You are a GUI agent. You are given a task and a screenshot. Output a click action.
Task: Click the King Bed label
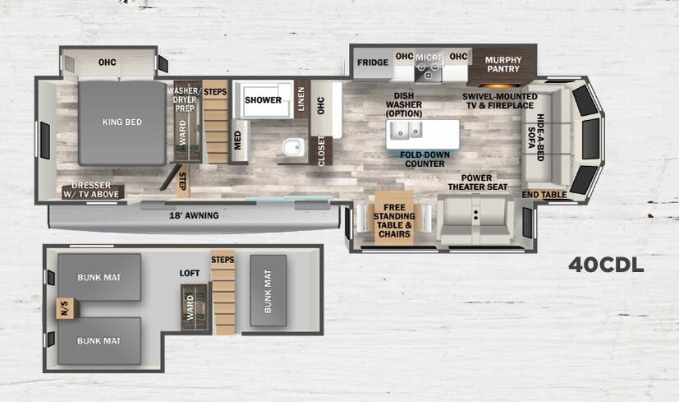[x=122, y=122]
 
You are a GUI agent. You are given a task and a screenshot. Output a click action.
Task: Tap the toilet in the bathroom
[x=291, y=147]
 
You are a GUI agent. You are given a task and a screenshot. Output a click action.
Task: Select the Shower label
[x=263, y=100]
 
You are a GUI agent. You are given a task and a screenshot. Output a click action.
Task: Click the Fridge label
[x=372, y=62]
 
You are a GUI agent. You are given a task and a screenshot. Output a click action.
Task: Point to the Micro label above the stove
[x=429, y=58]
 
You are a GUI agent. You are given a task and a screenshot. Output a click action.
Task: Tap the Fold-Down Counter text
[x=424, y=159]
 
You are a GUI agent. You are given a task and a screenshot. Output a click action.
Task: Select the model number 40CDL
[x=606, y=265]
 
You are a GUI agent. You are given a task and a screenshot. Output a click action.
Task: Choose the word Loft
[x=190, y=273]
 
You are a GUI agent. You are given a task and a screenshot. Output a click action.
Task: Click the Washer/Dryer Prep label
[x=184, y=100]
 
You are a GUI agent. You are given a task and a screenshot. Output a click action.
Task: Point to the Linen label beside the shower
[x=301, y=100]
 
